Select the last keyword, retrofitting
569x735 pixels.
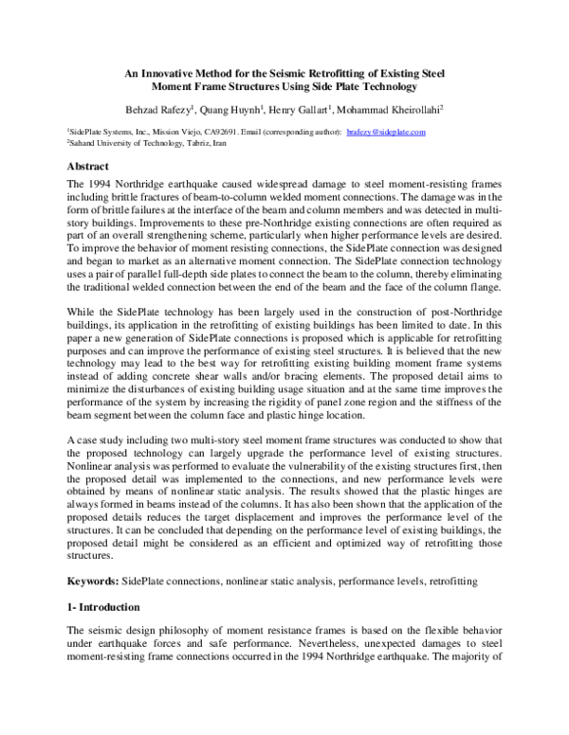(x=454, y=579)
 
